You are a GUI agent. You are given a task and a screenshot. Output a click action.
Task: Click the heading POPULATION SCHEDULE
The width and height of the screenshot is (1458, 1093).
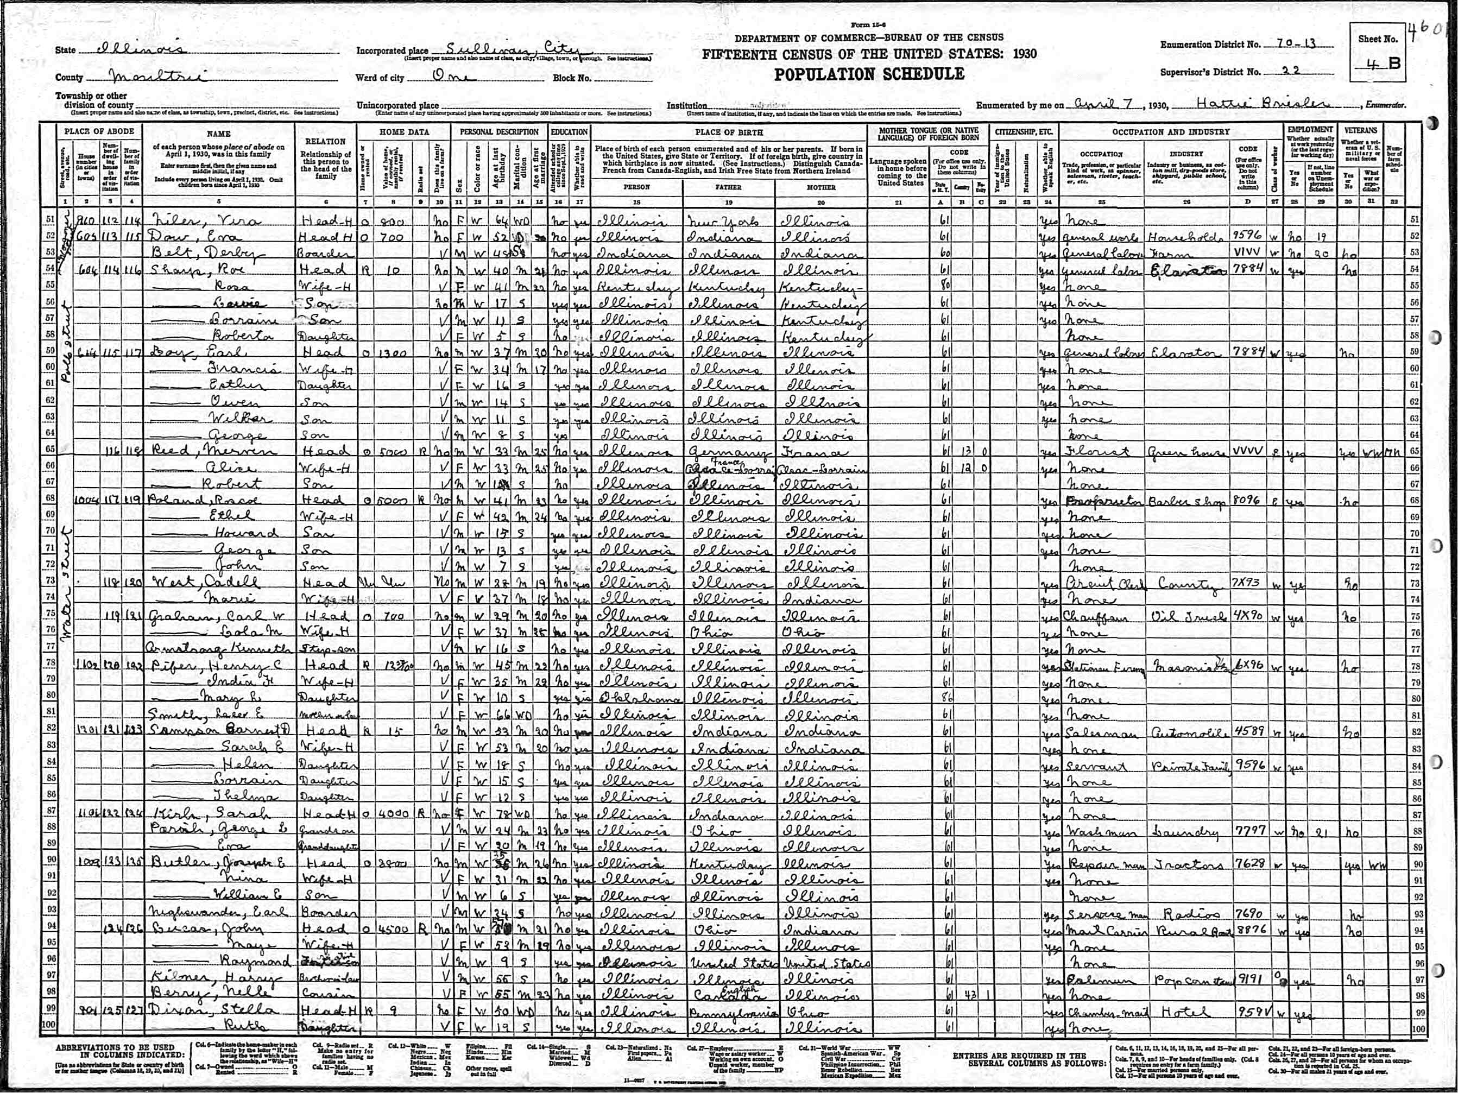tap(869, 74)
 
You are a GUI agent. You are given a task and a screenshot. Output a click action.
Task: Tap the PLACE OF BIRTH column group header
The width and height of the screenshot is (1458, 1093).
tap(728, 132)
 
